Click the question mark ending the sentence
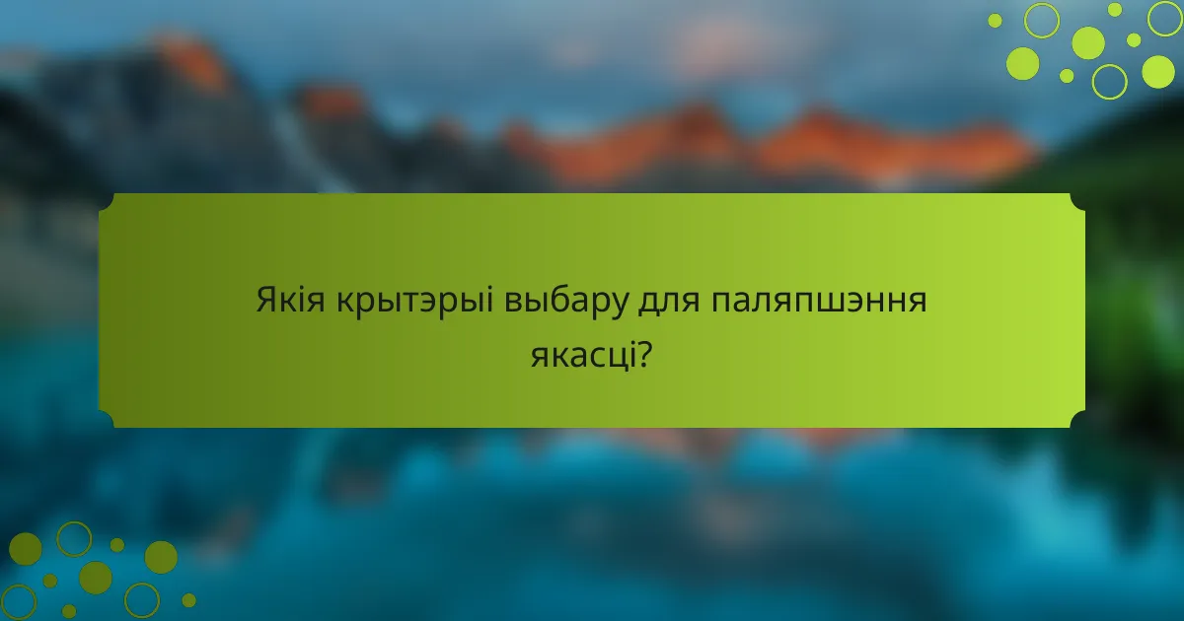click(643, 354)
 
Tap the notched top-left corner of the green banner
click(107, 201)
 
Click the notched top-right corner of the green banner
click(1077, 201)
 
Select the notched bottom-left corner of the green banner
click(107, 420)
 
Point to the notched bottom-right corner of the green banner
click(1077, 420)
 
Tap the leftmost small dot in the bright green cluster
click(995, 21)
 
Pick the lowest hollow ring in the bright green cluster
click(1110, 81)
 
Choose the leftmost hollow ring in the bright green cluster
click(1042, 20)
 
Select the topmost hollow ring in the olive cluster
click(74, 538)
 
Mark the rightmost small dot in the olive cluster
click(188, 599)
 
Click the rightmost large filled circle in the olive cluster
click(161, 557)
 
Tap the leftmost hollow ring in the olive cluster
click(19, 601)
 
